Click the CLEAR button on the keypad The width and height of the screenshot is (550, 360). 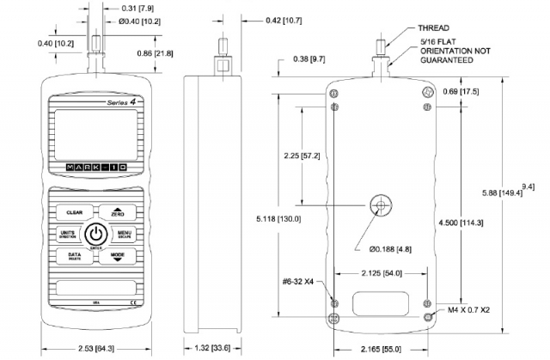click(x=74, y=211)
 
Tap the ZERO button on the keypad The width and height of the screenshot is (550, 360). click(x=118, y=211)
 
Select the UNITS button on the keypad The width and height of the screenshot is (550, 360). click(x=70, y=234)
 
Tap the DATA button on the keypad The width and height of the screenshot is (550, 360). click(x=74, y=257)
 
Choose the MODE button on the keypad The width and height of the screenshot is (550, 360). click(x=118, y=257)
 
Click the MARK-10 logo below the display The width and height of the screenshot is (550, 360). click(x=95, y=166)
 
